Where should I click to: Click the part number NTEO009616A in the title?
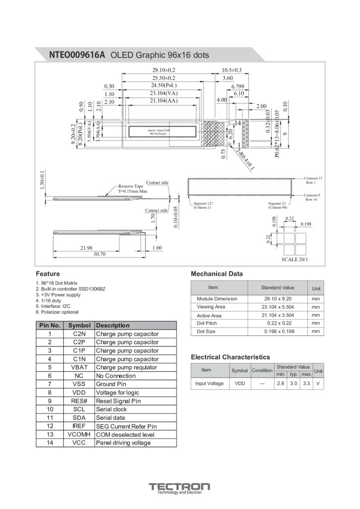[77, 55]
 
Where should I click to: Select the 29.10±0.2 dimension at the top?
[164, 70]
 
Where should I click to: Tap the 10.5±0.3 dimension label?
[231, 70]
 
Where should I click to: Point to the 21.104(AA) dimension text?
[164, 101]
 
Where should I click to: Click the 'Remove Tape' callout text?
[131, 186]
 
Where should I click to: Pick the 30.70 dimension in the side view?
[99, 254]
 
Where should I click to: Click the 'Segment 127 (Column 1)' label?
[202, 205]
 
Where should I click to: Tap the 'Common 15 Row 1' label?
[313, 180]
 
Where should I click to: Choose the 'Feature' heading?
[48, 274]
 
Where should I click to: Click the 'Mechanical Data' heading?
[217, 274]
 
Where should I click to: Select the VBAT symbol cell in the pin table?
[80, 367]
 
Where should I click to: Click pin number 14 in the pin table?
[50, 442]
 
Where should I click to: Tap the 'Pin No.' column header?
[50, 326]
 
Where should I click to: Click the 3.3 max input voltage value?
[306, 383]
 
